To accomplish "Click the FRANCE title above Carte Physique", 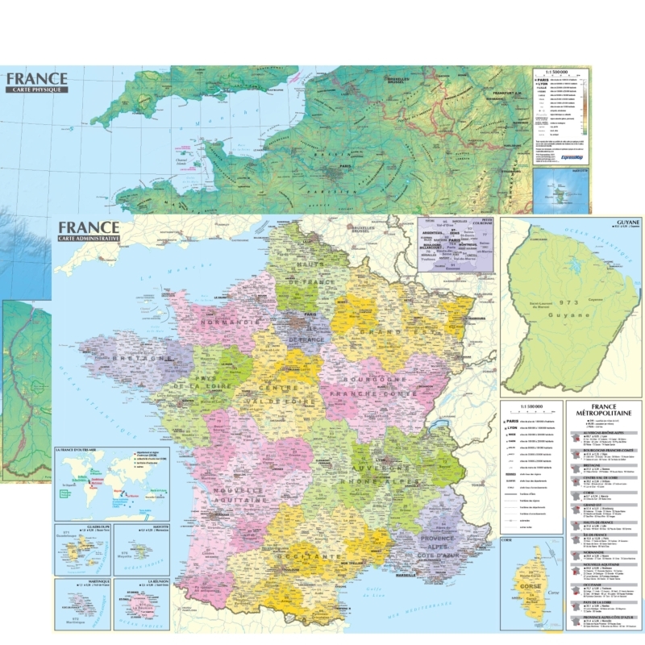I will (36, 79).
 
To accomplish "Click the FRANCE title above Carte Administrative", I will (89, 227).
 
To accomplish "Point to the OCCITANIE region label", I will (306, 556).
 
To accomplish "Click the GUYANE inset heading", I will (627, 222).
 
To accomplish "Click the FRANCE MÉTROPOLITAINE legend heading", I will (604, 410).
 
